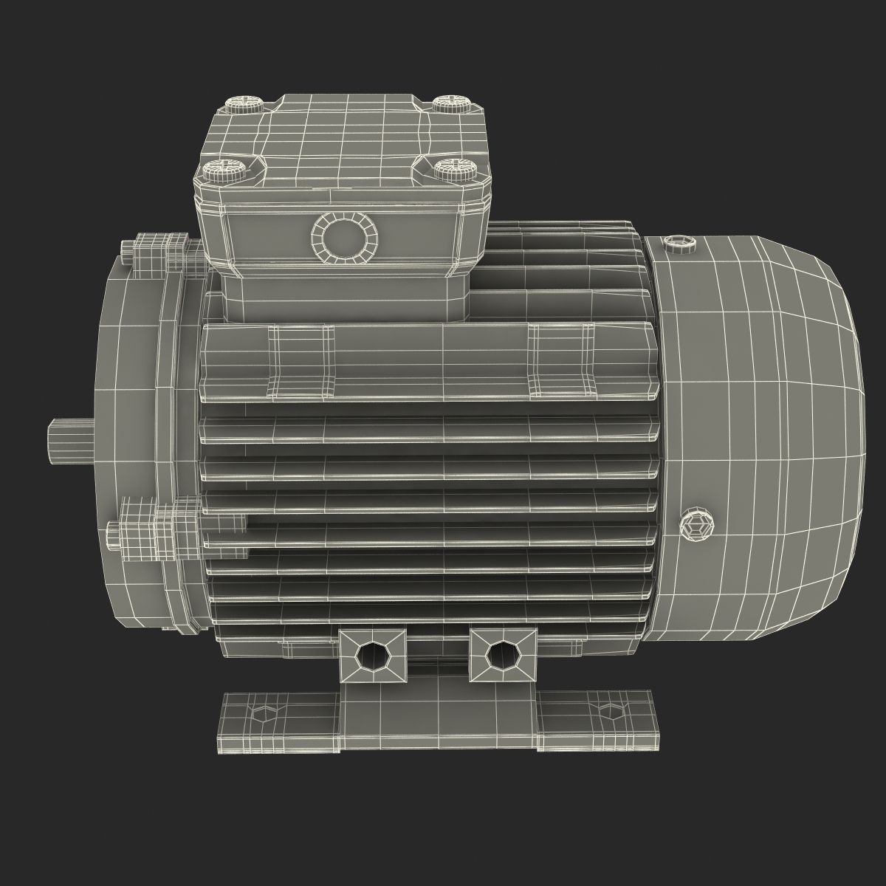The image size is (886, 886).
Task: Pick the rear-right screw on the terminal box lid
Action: [447, 102]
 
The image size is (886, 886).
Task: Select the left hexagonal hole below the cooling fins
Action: [370, 654]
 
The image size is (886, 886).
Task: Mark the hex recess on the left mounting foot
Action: [263, 712]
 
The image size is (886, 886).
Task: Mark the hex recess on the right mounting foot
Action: [609, 711]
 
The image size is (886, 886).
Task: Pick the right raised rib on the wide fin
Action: [561, 360]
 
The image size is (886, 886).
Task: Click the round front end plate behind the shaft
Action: [129, 413]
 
